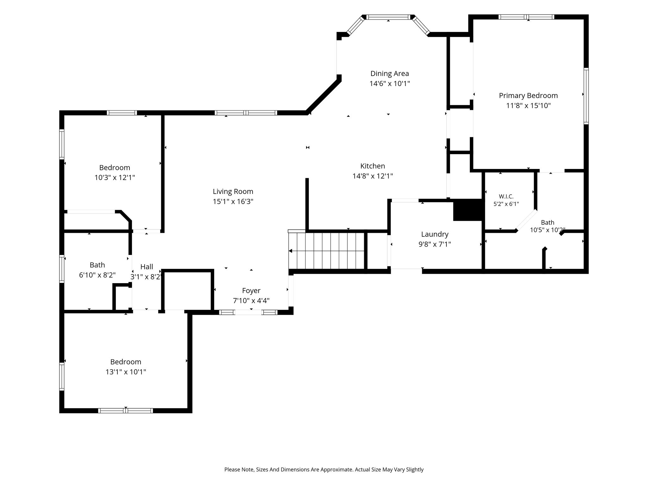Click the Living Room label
(x=233, y=191)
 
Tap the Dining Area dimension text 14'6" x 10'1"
(x=390, y=84)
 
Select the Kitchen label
(x=373, y=166)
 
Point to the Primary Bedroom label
(x=528, y=96)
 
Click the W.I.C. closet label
(x=506, y=196)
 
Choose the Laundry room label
(x=435, y=234)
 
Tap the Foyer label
(x=251, y=290)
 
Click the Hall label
(x=147, y=267)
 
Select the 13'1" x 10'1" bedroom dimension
(x=126, y=372)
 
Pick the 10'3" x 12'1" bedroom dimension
(x=115, y=178)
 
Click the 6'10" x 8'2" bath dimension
(x=97, y=275)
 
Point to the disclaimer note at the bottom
(x=324, y=470)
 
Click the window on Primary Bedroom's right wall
(x=586, y=96)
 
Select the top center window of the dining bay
(x=388, y=17)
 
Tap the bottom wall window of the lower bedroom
(x=126, y=411)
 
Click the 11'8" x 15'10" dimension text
(x=528, y=105)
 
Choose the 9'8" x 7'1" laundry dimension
(x=435, y=244)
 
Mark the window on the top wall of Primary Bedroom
(x=526, y=17)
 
